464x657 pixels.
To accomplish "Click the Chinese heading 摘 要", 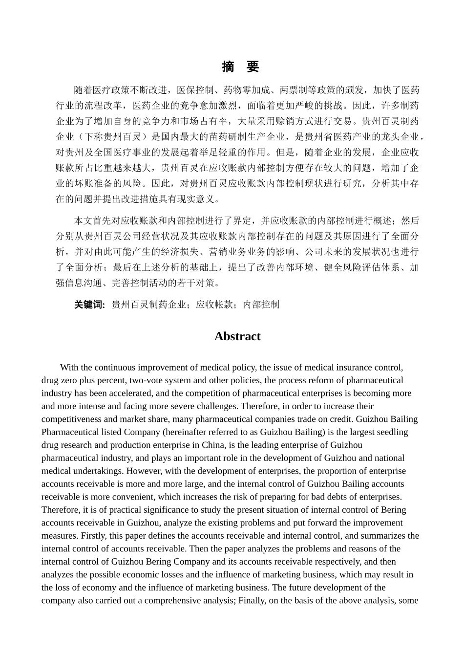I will (x=240, y=67).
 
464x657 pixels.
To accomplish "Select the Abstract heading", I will (x=237, y=336).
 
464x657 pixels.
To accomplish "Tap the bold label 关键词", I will (x=89, y=305).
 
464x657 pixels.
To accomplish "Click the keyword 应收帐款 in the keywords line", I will (x=214, y=305).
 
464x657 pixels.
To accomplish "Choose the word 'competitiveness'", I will (x=73, y=419).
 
